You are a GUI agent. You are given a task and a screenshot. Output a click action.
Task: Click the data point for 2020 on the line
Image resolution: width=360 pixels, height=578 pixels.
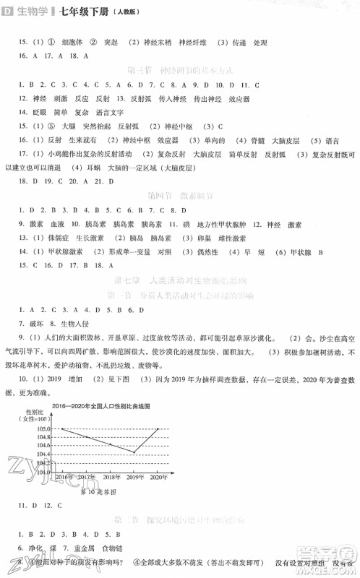pos(160,428)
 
